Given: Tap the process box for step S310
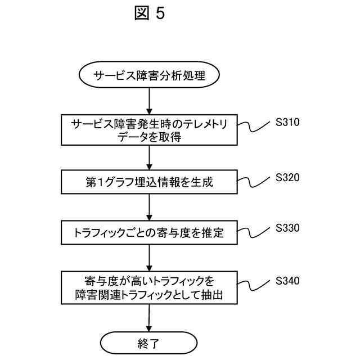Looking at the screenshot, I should coord(149,130).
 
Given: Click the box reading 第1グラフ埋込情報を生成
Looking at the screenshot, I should coord(149,182).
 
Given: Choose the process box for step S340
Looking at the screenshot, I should coord(149,287).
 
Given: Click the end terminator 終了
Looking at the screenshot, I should coord(149,341).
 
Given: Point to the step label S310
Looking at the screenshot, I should coord(288,122).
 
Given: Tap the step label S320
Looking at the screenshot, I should coord(288,177).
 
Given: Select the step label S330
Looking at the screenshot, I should coord(288,228).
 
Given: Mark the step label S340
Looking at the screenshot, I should coord(288,281).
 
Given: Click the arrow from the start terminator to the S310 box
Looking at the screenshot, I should coord(149,102).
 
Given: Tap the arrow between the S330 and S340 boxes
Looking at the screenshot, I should coord(149,259).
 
